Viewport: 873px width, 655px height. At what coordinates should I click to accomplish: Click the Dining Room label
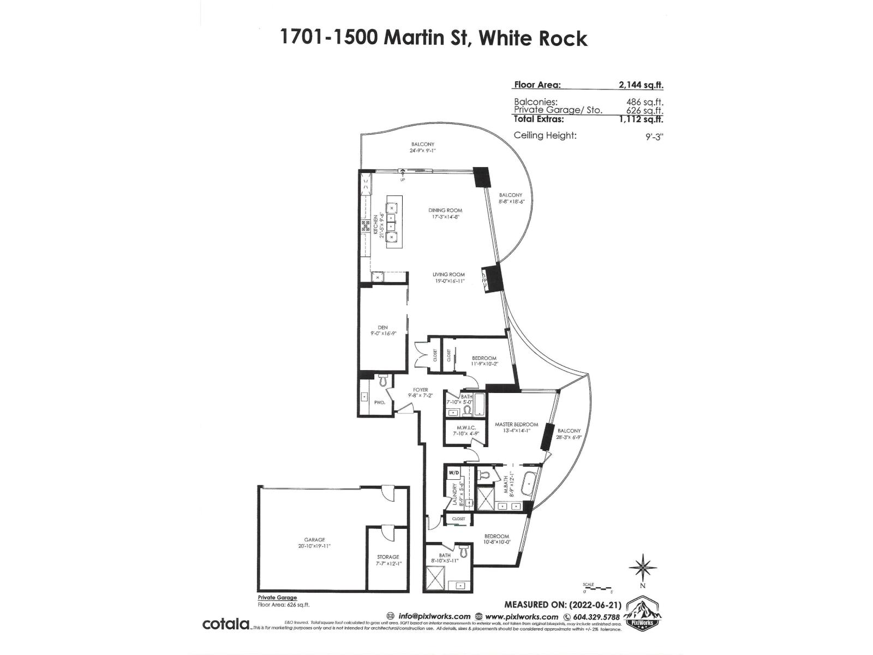click(445, 210)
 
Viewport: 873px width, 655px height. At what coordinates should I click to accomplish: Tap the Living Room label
click(449, 275)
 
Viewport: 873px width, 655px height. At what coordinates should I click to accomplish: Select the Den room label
click(382, 327)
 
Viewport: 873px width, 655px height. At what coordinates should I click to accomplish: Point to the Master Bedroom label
click(516, 424)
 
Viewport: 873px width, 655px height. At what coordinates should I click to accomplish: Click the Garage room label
click(314, 540)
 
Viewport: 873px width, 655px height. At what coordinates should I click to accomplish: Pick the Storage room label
click(388, 557)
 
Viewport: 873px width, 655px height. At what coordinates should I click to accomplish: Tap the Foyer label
click(420, 390)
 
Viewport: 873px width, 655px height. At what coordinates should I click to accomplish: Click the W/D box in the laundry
click(453, 472)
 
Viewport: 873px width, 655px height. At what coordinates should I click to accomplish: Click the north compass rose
click(643, 568)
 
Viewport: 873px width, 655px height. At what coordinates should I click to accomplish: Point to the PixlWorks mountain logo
click(642, 614)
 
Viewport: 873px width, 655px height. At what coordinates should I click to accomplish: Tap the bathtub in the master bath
click(528, 485)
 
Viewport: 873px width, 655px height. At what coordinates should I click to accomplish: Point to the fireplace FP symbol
click(484, 280)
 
